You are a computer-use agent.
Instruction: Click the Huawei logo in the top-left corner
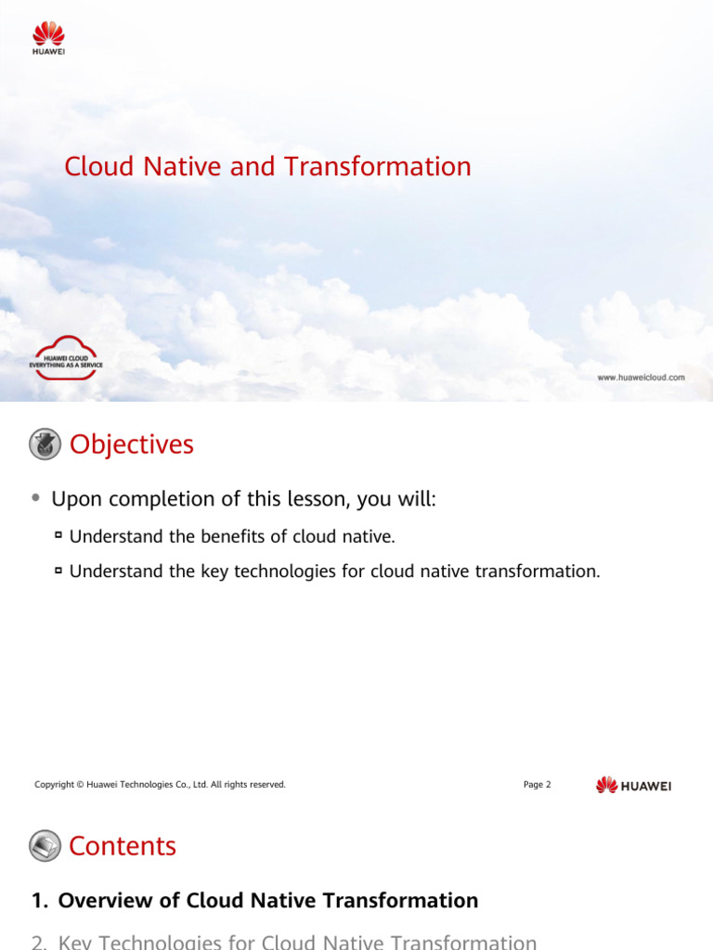pos(49,38)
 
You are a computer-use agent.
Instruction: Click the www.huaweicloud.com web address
pos(641,378)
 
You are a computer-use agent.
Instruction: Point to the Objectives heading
pos(132,445)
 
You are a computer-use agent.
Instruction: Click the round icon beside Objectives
pos(45,445)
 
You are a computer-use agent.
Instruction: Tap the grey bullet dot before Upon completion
pos(35,498)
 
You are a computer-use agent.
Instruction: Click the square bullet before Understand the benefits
pos(58,535)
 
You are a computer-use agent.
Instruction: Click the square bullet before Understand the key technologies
pos(58,571)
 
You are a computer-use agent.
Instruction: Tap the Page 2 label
pos(537,785)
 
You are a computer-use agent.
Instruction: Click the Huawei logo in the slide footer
pos(633,786)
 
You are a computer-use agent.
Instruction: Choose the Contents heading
pos(123,846)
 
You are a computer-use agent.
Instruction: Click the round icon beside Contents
pos(45,846)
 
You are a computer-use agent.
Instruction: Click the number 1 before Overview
pos(37,901)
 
